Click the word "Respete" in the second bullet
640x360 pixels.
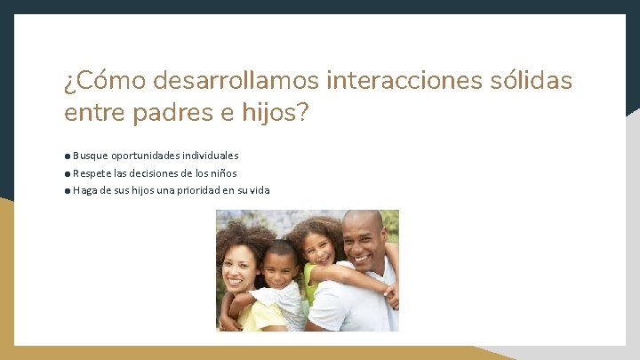[92, 173]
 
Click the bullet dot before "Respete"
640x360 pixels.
[68, 173]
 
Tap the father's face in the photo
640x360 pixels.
[364, 241]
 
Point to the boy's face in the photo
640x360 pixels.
[282, 266]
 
